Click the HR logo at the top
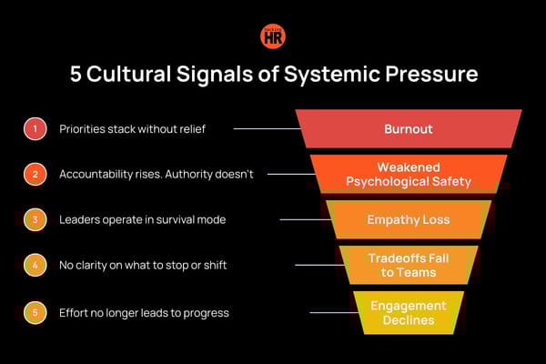pyautogui.click(x=272, y=36)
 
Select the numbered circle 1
pyautogui.click(x=35, y=128)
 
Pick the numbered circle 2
pyautogui.click(x=35, y=174)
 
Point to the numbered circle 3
pyautogui.click(x=35, y=220)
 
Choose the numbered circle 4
pyautogui.click(x=35, y=266)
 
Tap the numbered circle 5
pyautogui.click(x=35, y=312)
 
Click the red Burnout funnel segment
pyautogui.click(x=408, y=128)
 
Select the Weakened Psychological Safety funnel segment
pyautogui.click(x=408, y=174)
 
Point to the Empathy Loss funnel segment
pyautogui.click(x=408, y=219)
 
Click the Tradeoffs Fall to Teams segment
pyautogui.click(x=408, y=265)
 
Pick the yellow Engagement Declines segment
pyautogui.click(x=408, y=311)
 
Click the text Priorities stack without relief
pyautogui.click(x=132, y=128)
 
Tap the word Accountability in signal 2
pyautogui.click(x=97, y=174)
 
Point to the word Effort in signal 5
pyautogui.click(x=74, y=312)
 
